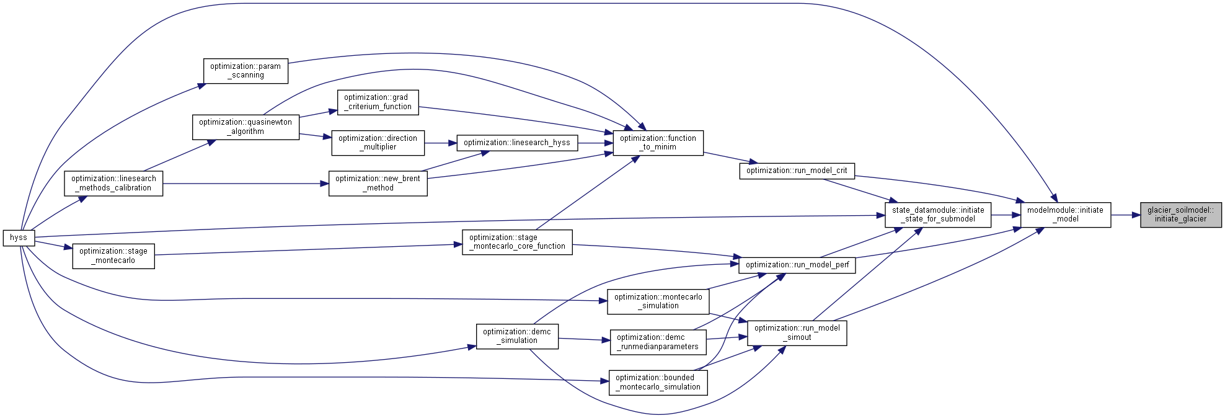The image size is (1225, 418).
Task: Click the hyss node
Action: (x=19, y=238)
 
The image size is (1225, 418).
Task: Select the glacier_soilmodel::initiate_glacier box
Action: (x=1181, y=215)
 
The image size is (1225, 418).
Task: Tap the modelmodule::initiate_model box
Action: (x=1066, y=215)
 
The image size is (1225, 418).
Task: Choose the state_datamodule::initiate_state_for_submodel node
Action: (x=938, y=215)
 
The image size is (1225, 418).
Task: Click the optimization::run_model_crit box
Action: (x=797, y=171)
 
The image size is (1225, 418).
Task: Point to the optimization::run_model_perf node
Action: (x=797, y=265)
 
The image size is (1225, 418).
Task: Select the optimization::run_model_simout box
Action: (x=797, y=333)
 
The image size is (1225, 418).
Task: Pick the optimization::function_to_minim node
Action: (x=658, y=143)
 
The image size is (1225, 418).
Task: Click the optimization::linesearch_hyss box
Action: (x=517, y=143)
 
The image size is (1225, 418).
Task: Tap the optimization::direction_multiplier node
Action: (x=378, y=143)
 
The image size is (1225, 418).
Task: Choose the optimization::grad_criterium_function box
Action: (x=378, y=102)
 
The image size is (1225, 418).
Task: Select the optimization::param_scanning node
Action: (x=246, y=71)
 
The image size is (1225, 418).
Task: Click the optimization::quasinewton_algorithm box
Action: (x=246, y=127)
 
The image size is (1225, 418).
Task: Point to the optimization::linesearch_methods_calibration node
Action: (x=114, y=183)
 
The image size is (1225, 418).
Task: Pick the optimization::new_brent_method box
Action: (x=378, y=183)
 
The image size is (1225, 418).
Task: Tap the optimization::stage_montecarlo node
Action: (x=113, y=256)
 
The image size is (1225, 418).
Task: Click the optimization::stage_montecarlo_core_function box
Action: (x=518, y=242)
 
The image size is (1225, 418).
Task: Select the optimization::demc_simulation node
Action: (x=517, y=336)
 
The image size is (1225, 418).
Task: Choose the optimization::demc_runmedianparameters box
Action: (x=658, y=342)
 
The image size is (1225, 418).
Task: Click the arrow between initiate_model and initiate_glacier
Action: (x=1126, y=215)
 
